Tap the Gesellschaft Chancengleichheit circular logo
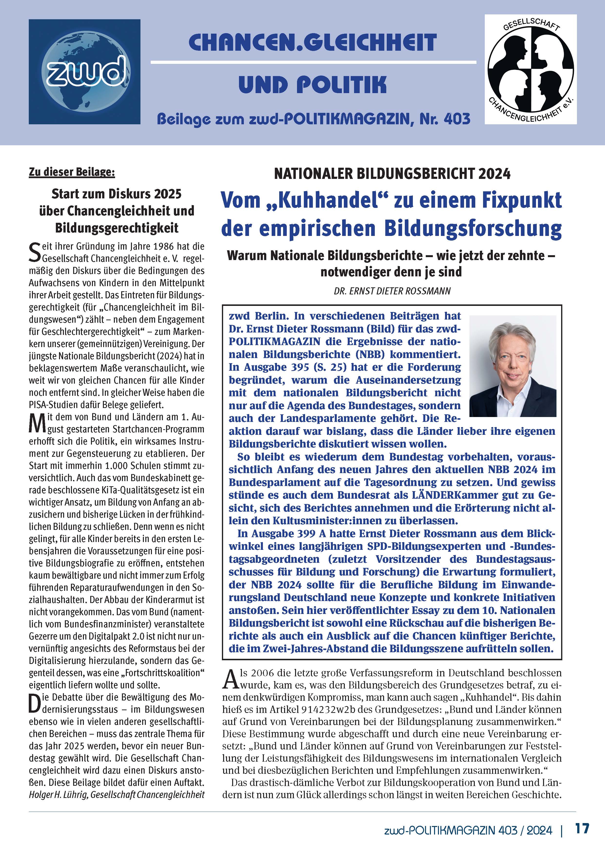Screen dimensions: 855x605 tap(530, 69)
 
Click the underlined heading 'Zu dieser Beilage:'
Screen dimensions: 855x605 tap(72, 172)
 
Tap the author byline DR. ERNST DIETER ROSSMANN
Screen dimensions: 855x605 tap(392, 291)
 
